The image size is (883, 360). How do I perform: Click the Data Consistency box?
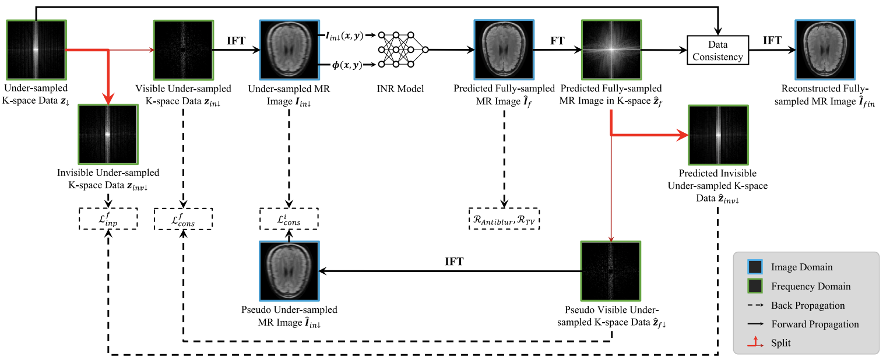717,50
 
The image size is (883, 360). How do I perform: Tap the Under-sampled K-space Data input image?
37,50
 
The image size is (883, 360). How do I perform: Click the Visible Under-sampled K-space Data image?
183,50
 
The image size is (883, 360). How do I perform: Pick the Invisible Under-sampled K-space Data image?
108,134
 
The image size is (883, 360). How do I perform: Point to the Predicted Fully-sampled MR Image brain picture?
504,50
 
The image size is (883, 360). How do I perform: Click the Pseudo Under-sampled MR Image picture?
289,271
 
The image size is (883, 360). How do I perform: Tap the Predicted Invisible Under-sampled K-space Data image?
717,135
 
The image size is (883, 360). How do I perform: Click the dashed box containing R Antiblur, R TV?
504,218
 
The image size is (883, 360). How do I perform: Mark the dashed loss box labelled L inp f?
108,218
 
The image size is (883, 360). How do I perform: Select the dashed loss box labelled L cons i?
289,218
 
